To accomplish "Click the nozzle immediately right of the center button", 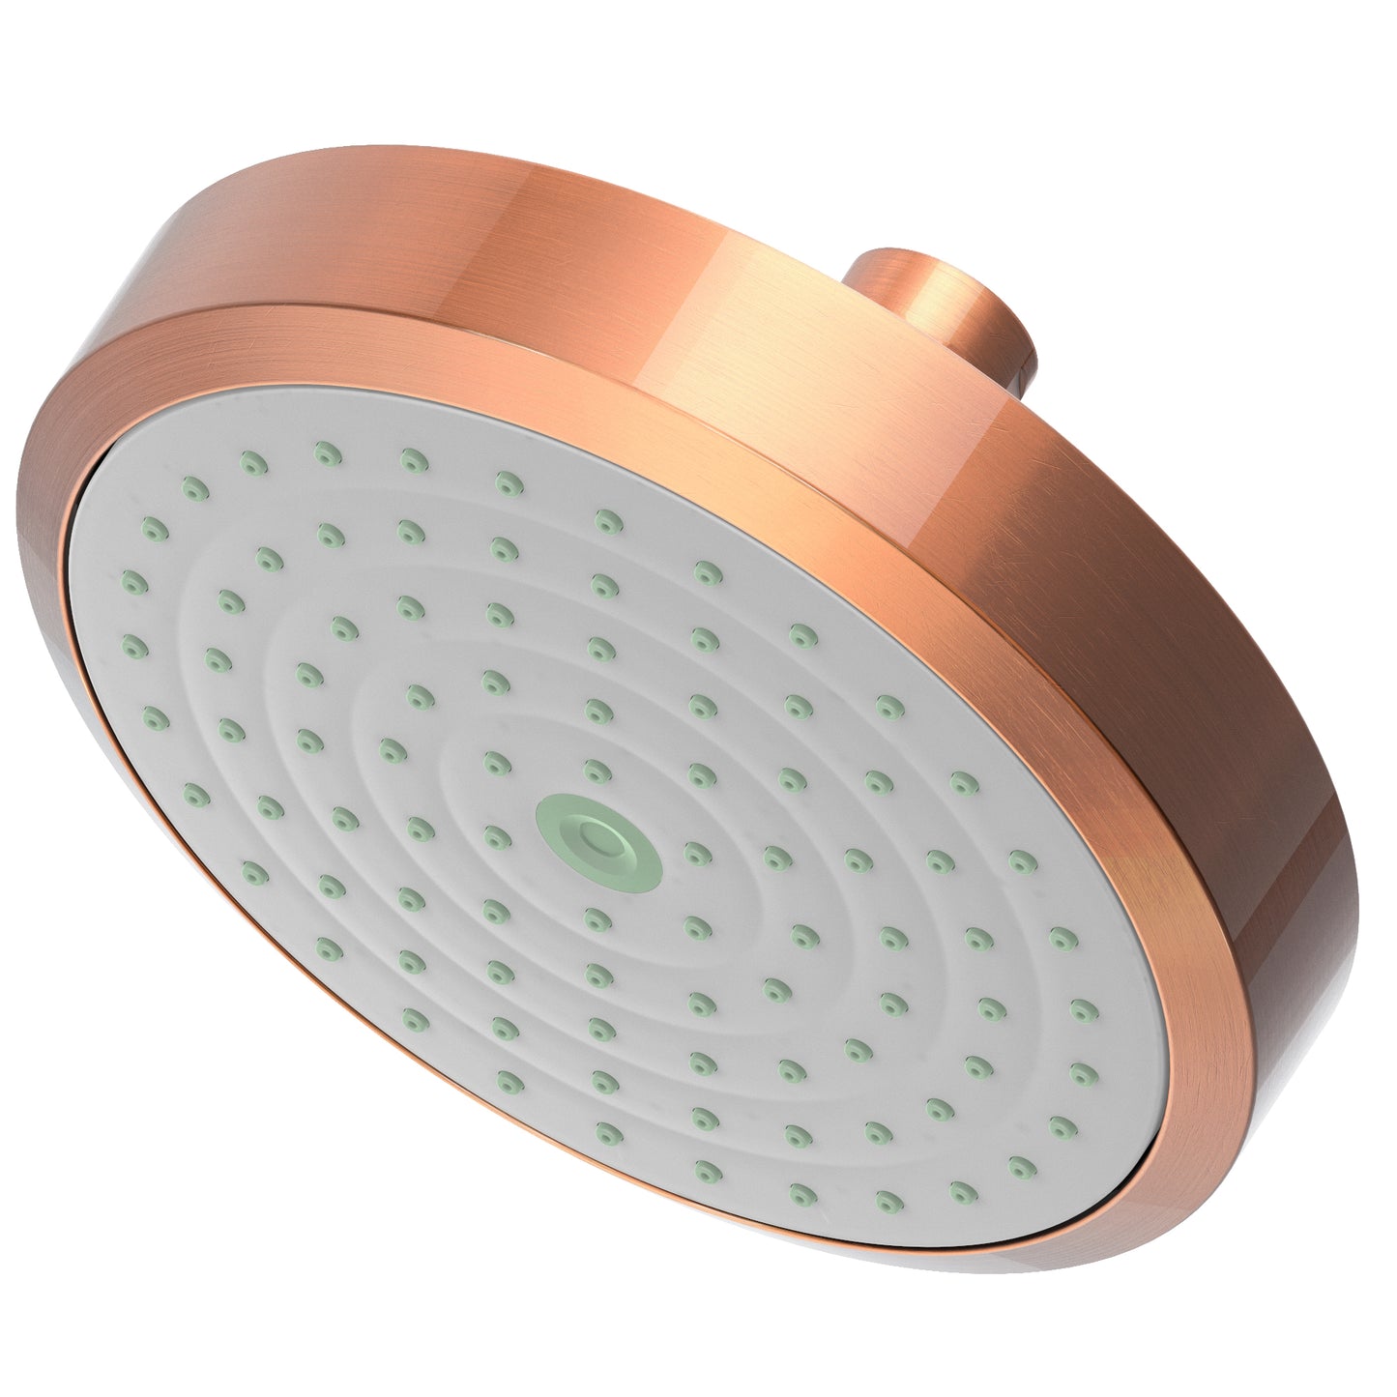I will (694, 850).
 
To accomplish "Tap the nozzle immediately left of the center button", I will (496, 830).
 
